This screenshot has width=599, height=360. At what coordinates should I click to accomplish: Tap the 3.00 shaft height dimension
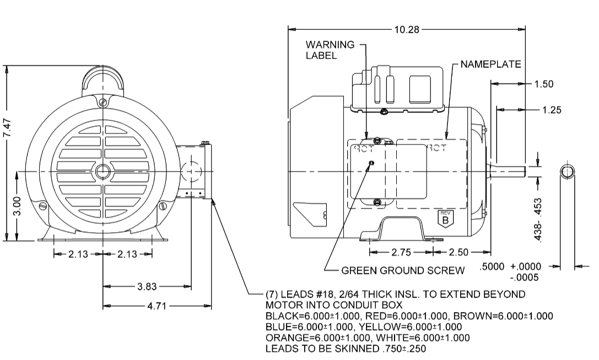point(17,206)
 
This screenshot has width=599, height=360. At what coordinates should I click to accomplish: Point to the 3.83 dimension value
point(147,286)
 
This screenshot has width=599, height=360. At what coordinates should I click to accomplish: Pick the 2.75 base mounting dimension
point(401,252)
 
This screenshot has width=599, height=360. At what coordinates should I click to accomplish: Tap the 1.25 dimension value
point(551,110)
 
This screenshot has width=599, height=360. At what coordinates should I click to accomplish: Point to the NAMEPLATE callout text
point(490,65)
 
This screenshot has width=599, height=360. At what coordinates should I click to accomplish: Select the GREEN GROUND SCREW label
point(403,271)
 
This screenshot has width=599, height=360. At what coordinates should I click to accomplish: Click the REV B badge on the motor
point(445,218)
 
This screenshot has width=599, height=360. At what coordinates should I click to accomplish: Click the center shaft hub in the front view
point(103,171)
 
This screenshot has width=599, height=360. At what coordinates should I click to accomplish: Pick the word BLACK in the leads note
point(280,316)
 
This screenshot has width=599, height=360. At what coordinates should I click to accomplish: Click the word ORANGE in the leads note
point(284,338)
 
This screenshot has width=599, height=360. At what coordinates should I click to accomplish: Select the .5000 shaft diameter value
point(493,266)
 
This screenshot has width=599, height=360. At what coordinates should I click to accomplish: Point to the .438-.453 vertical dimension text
point(542,221)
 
